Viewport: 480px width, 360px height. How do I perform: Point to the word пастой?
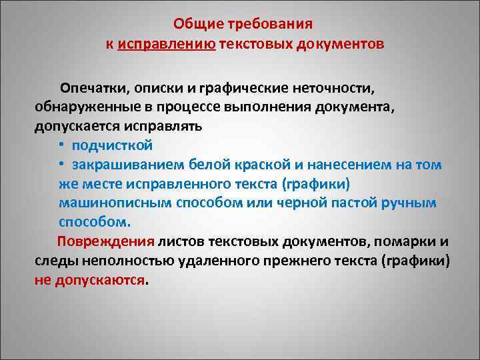pos(349,202)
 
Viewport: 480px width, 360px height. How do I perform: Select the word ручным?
pos(409,202)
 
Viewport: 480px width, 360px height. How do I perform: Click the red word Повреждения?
pos(106,241)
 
